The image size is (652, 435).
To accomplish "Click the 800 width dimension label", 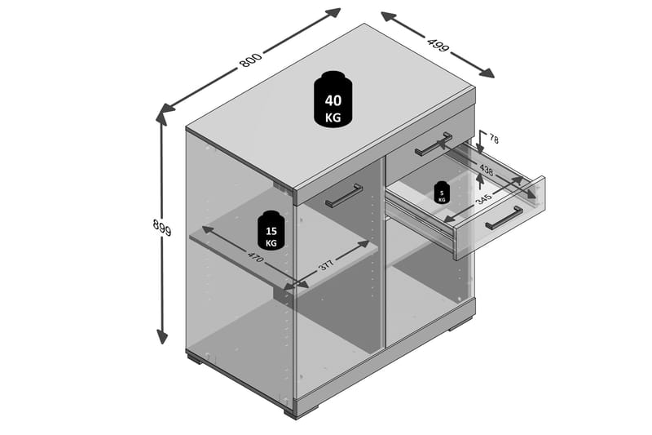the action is coord(251,60).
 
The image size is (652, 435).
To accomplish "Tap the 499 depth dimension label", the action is coord(438,45).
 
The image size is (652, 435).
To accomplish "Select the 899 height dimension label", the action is coord(162,227).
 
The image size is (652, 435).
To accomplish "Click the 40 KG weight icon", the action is coord(333,100).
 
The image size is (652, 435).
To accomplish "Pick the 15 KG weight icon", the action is coord(271,230).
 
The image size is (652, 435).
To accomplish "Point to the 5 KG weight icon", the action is coord(442,193).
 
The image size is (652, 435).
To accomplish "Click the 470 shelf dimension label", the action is coord(255,257).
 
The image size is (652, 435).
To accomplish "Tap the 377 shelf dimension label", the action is coord(327,265).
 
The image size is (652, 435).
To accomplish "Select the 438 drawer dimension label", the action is coord(487,170).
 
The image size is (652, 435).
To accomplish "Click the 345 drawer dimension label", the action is coord(484,198).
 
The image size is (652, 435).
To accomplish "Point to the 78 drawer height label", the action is coord(494,139).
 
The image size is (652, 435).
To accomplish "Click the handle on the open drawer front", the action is coord(504,218).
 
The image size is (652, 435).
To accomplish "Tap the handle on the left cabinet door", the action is coord(344,196).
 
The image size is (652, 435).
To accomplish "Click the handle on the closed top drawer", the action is coord(434,144).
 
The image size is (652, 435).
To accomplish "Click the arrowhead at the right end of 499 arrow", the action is coord(487,73).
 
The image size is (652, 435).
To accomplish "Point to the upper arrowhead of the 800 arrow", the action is coord(333,13).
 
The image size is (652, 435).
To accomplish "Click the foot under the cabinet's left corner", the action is coord(195,359).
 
